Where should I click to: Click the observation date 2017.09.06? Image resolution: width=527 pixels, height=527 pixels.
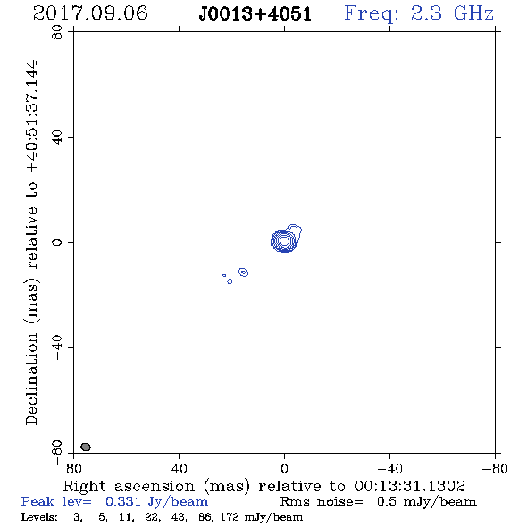90,13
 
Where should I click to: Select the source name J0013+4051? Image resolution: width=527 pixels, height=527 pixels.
255,14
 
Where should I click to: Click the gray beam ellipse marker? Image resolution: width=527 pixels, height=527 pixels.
86,447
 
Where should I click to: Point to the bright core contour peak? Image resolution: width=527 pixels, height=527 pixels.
284,240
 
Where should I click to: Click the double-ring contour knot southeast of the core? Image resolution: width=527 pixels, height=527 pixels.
243,272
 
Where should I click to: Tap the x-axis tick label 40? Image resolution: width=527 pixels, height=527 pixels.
179,468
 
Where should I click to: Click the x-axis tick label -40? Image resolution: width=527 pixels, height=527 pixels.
389,468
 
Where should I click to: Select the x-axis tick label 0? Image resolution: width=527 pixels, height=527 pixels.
284,468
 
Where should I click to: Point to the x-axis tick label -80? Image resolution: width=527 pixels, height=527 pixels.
495,468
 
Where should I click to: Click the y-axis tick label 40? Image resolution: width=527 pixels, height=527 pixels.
57,137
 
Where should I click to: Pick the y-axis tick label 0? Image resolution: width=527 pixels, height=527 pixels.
57,242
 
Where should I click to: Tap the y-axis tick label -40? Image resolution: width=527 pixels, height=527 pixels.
57,347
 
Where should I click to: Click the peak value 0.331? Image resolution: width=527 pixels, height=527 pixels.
123,501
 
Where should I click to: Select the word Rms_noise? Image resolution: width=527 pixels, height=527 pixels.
322,502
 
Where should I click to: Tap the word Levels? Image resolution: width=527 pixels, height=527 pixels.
39,516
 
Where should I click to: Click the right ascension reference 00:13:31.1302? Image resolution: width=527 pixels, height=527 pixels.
409,486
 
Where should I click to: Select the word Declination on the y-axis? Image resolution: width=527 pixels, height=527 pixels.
31,379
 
